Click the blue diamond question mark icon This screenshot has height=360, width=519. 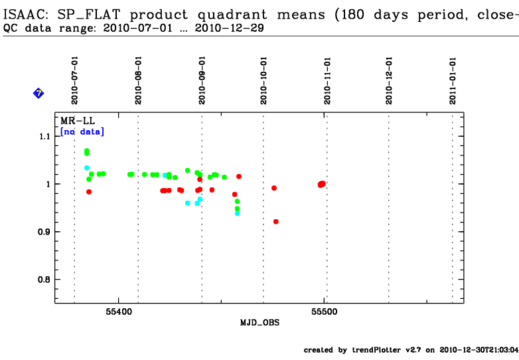pos(38,94)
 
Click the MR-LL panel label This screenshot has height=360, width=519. pos(74,122)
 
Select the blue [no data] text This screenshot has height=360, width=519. pos(82,132)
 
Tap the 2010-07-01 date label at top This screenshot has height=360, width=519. pos(75,80)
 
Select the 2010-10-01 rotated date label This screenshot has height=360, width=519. pos(264,80)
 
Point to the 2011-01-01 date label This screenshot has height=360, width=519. pos(453,80)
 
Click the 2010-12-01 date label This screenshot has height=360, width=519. pos(390,80)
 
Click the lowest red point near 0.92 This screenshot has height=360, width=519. pos(276,221)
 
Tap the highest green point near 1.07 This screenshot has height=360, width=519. pos(87,151)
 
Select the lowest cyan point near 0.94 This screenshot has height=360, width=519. pos(237,213)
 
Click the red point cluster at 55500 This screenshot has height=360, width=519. pos(322,184)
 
